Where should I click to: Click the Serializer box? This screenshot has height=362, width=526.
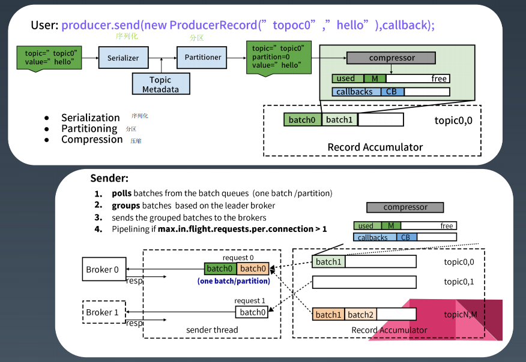tap(123, 58)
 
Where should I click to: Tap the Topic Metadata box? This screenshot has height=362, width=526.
tap(160, 85)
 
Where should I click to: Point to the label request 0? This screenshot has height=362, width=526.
tap(238, 258)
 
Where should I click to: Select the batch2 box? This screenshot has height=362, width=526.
tap(360, 315)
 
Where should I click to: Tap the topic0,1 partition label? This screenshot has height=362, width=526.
tap(459, 282)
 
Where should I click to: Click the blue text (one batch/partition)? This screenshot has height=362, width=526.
tap(234, 280)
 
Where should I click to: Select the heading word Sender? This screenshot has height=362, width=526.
tap(109, 178)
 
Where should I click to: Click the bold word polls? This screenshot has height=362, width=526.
tap(121, 194)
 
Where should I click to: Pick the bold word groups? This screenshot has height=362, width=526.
tap(125, 206)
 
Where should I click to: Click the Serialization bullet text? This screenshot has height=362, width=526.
tap(91, 117)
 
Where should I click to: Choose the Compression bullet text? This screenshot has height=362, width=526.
tap(92, 139)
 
